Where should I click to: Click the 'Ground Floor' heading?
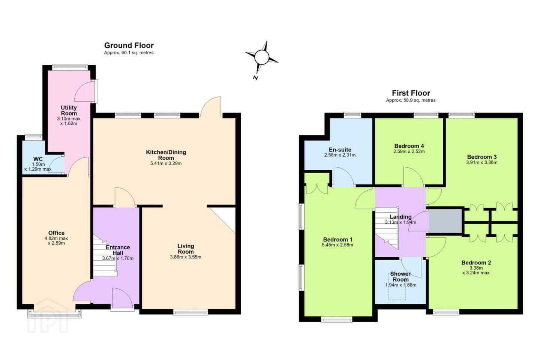[x=129, y=45]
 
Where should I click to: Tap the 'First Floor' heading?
[x=411, y=93]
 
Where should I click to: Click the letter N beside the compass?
[x=255, y=78]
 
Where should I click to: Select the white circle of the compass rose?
[x=262, y=57]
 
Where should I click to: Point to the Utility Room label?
[x=69, y=110]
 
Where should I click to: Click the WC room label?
[x=38, y=159]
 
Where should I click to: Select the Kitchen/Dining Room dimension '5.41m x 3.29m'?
[x=166, y=163]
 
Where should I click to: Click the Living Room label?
[x=186, y=249]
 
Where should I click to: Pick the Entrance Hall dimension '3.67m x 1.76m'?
[x=118, y=258]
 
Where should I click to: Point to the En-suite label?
[x=340, y=150]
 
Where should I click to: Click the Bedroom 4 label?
[x=409, y=146]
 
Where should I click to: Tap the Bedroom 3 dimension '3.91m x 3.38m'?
[x=481, y=162]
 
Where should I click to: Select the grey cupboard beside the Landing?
[x=445, y=221]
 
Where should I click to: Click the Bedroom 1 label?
[x=338, y=239]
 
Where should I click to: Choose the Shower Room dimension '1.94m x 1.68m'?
[x=400, y=285]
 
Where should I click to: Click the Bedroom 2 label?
[x=476, y=262]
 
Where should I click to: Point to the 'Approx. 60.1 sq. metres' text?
[x=129, y=52]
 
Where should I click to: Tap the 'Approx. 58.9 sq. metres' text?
[x=411, y=100]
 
